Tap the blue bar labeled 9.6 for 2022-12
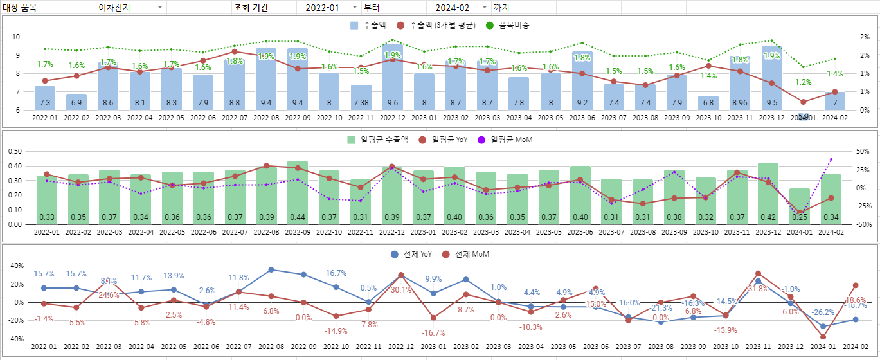coord(392,77)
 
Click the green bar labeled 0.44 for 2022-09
coord(298,192)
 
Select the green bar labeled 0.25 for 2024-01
coord(800,206)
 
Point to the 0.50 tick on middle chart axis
coord(14,152)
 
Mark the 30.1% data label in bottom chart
coord(401,290)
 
